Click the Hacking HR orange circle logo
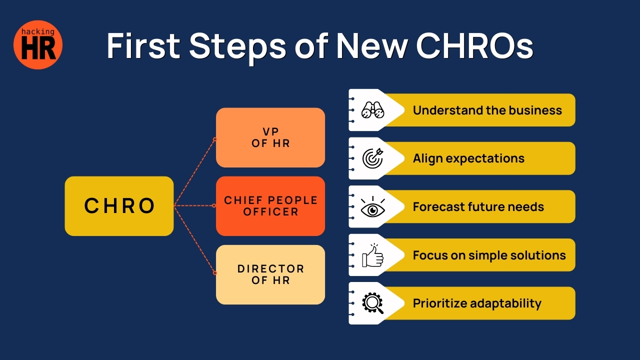coord(38,44)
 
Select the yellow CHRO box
coord(119,205)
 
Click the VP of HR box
coord(270,137)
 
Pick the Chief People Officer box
coord(270,205)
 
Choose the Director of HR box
coord(270,274)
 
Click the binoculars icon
coord(372,110)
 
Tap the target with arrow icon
coord(372,158)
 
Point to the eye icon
coord(372,206)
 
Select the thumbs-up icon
coord(372,255)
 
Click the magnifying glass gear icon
coord(372,303)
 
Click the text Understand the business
coord(487,110)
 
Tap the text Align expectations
coord(468,158)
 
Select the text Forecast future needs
coord(478,206)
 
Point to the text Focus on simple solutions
coord(489,255)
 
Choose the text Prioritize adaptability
coord(476,303)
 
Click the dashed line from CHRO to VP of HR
coord(194,172)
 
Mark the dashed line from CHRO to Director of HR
coord(194,239)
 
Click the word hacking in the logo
coord(37,32)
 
